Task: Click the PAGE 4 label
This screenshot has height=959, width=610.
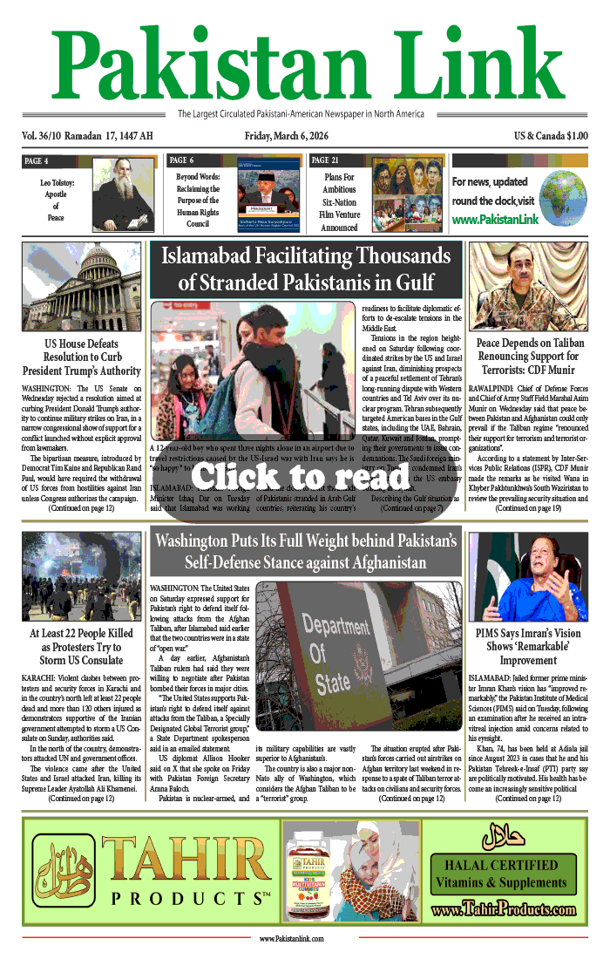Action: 36,161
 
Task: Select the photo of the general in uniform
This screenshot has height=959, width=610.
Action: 528,286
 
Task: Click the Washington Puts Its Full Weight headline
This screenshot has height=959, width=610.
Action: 304,551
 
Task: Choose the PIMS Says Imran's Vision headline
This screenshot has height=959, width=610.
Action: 528,646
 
